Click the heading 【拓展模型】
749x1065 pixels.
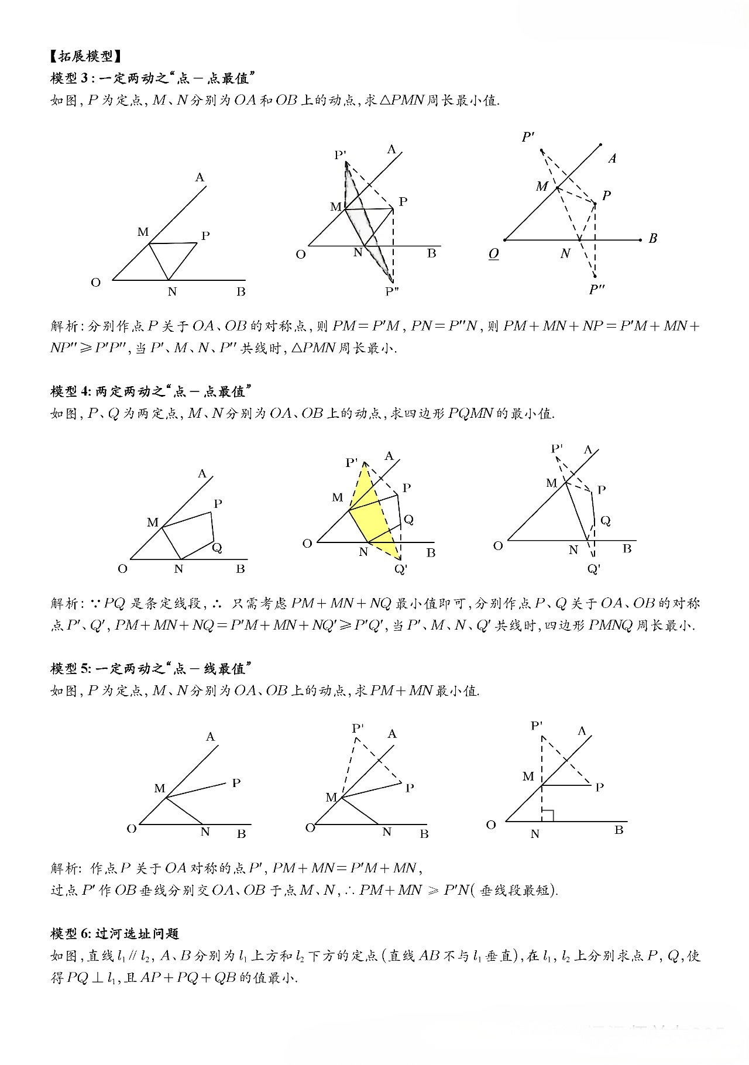point(86,56)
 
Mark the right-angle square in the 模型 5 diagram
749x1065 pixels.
point(548,815)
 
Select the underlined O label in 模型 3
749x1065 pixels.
point(494,255)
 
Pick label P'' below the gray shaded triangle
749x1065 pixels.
point(391,291)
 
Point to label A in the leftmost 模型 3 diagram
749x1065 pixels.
point(200,177)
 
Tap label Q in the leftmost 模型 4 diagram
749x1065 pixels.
point(217,548)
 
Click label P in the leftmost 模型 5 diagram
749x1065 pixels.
point(236,783)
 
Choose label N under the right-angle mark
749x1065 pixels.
point(535,834)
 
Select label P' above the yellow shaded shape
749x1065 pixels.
point(352,463)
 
